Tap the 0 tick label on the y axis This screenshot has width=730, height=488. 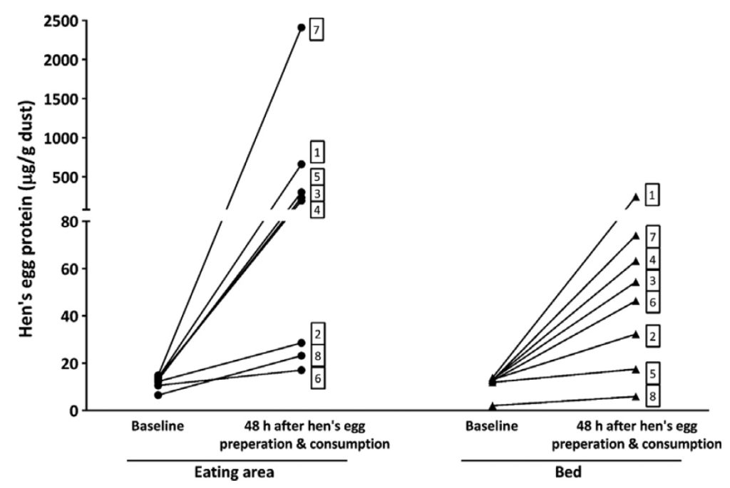coord(74,410)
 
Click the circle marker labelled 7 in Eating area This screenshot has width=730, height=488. coord(302,28)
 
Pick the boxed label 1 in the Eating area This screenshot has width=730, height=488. coord(317,152)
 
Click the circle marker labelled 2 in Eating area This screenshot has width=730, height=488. coord(302,343)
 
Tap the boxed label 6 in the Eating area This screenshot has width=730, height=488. coord(317,378)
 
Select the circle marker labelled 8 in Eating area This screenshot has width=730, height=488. coord(302,355)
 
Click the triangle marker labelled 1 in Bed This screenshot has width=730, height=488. coord(636,197)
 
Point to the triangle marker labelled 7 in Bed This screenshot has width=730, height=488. coord(636,235)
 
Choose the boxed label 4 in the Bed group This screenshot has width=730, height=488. coord(652,259)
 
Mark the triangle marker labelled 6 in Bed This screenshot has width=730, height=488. coord(636,301)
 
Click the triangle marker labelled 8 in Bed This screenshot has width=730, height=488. coord(636,396)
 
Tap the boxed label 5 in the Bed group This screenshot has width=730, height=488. coord(652,371)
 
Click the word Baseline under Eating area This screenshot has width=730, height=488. coord(157,427)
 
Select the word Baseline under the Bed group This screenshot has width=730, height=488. coord(492,427)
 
